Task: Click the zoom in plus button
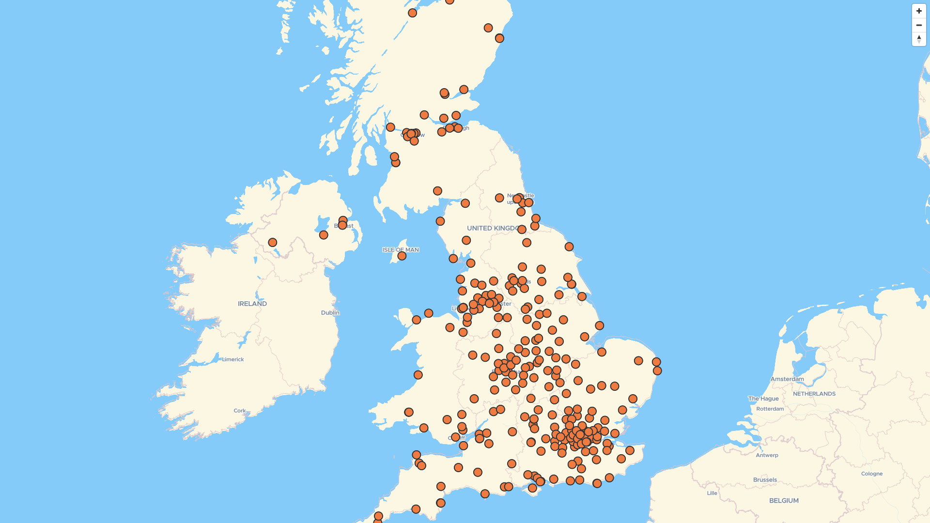(919, 11)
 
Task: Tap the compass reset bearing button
(919, 39)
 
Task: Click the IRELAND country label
(252, 304)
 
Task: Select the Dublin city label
(330, 313)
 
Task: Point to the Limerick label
(233, 359)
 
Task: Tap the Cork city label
(240, 411)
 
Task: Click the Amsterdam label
(787, 379)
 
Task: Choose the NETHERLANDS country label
(814, 394)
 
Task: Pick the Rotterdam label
(770, 409)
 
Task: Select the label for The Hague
(763, 399)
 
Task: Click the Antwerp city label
(767, 455)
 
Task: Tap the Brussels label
(765, 480)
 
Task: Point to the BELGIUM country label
(784, 501)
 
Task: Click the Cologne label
(872, 474)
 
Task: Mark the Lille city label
(712, 493)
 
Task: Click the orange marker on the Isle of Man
(402, 256)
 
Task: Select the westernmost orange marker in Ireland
(273, 242)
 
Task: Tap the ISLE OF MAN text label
(401, 250)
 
